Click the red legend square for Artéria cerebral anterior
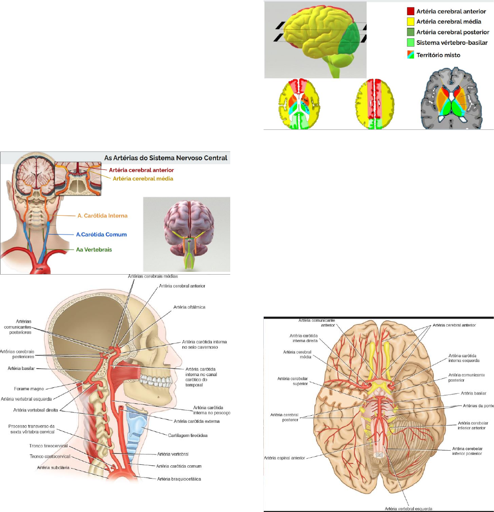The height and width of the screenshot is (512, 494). [x=410, y=11]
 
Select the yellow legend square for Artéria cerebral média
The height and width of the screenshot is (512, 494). [x=410, y=22]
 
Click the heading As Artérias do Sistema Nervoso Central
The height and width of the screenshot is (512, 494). [x=166, y=158]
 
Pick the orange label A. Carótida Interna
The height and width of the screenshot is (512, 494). [x=102, y=216]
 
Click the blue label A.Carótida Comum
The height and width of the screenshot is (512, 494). [x=101, y=234]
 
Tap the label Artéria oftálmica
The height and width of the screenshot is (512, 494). [x=189, y=307]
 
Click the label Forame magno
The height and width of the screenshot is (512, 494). [x=33, y=389]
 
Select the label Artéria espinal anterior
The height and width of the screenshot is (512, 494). [x=284, y=457]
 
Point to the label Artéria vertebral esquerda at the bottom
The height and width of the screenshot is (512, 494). [x=408, y=508]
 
